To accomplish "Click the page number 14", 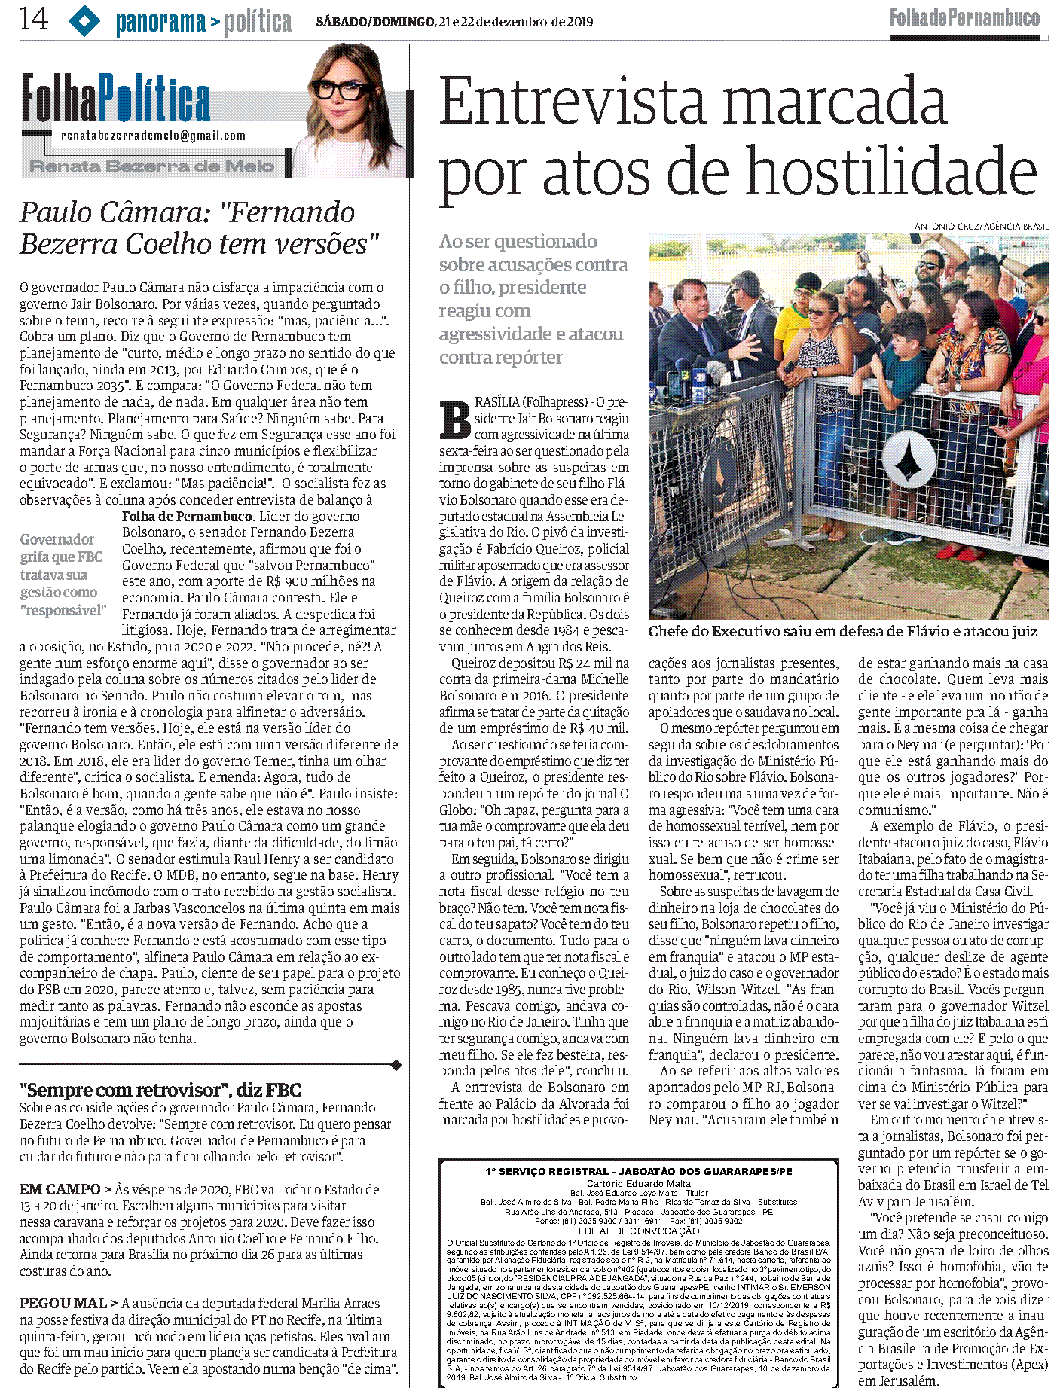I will (34, 19).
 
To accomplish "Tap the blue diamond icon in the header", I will (84, 20).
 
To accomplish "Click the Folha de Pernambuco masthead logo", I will (964, 17).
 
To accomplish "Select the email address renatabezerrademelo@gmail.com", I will (154, 136).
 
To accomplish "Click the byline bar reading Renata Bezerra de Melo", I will (151, 166).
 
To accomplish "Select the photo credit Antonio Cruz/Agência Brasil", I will (980, 227).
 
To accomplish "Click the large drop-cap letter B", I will (455, 420).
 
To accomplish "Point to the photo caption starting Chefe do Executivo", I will (842, 631).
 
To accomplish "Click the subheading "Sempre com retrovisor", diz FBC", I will (160, 1090).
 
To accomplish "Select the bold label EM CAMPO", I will (60, 1189).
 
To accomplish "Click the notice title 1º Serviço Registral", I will (638, 1171).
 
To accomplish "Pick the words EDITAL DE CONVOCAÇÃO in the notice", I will (639, 1231).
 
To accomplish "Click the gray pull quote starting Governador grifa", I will (63, 575).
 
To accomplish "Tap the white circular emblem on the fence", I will (907, 459).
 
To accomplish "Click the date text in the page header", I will (454, 22).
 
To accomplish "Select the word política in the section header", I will (258, 23).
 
